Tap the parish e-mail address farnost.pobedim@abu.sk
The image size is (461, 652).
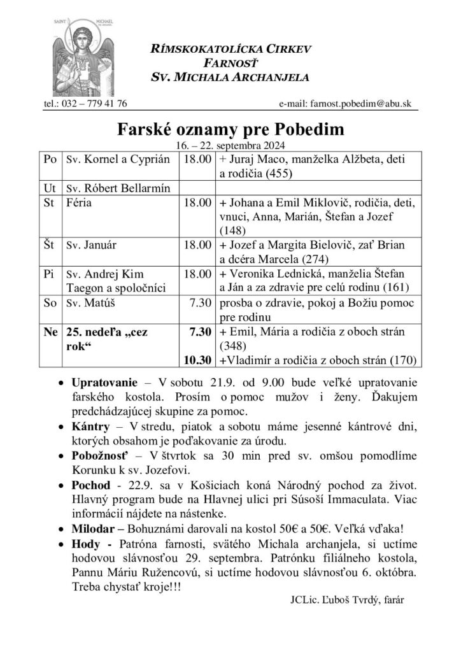coord(348,103)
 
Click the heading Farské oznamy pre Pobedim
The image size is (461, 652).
coord(230,130)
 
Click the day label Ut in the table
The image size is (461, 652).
coord(50,189)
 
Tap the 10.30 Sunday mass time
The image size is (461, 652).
coord(197,361)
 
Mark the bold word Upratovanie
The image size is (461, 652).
coord(104,386)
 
